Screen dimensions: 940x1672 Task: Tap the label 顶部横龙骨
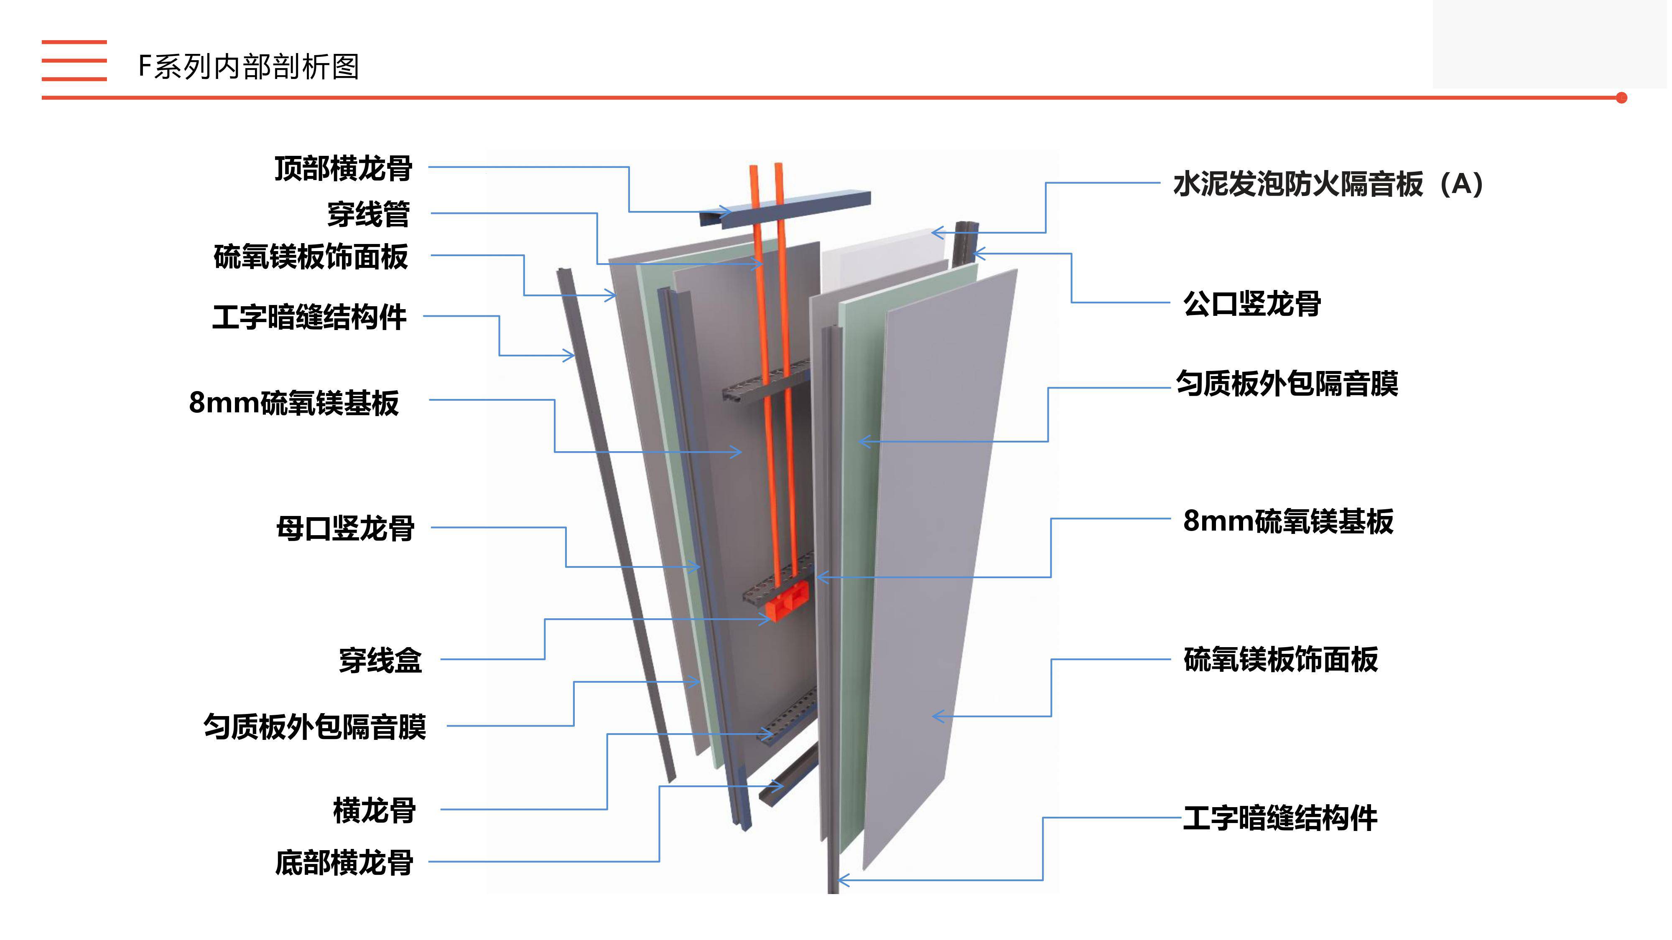tap(343, 169)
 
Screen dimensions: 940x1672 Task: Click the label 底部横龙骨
tap(344, 863)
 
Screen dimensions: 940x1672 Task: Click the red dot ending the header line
tap(1621, 98)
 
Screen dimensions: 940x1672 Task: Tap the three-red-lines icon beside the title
tap(74, 60)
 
